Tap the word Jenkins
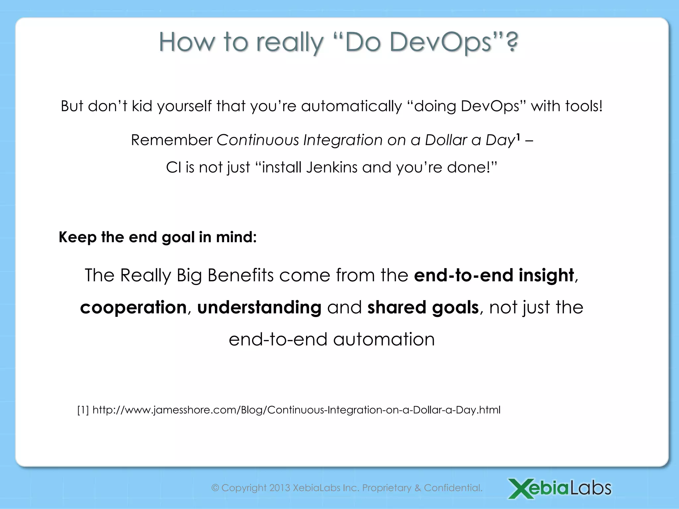pyautogui.click(x=332, y=167)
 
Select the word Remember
pyautogui.click(x=171, y=140)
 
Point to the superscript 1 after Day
pyautogui.click(x=518, y=136)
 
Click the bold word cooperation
pyautogui.click(x=133, y=308)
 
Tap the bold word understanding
pyautogui.click(x=259, y=308)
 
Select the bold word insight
pyautogui.click(x=546, y=275)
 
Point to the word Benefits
pyautogui.click(x=241, y=275)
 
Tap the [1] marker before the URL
pyautogui.click(x=83, y=410)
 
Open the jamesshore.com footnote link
pyautogui.click(x=296, y=410)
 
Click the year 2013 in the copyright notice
pyautogui.click(x=279, y=488)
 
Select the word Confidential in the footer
pyautogui.click(x=453, y=488)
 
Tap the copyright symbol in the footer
pyautogui.click(x=215, y=488)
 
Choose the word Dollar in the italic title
pyautogui.click(x=446, y=140)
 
